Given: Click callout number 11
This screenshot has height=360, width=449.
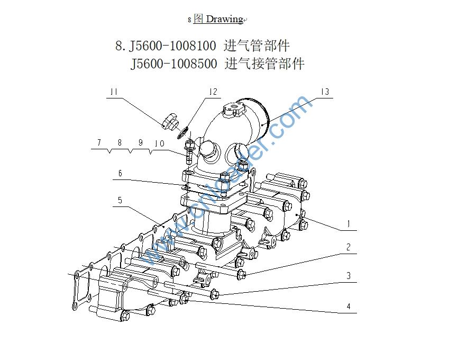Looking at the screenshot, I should (113, 93).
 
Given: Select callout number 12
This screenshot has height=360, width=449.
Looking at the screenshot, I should (213, 92).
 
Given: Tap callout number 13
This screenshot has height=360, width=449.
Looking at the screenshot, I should (325, 92).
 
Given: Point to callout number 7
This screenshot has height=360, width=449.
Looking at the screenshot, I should (98, 143).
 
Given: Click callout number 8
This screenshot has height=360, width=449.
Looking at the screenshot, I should (120, 143).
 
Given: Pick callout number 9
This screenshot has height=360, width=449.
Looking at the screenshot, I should (140, 143).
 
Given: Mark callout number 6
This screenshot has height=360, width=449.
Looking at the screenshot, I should (120, 174).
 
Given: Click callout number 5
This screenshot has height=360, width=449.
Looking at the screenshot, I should (120, 200).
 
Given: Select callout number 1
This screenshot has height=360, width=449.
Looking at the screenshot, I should (348, 224).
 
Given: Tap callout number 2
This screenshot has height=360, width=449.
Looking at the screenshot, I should (348, 247).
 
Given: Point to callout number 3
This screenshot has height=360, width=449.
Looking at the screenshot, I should (348, 276).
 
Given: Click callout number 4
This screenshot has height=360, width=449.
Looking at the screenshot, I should (348, 306).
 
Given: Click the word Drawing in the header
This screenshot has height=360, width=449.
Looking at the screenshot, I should (224, 20).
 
